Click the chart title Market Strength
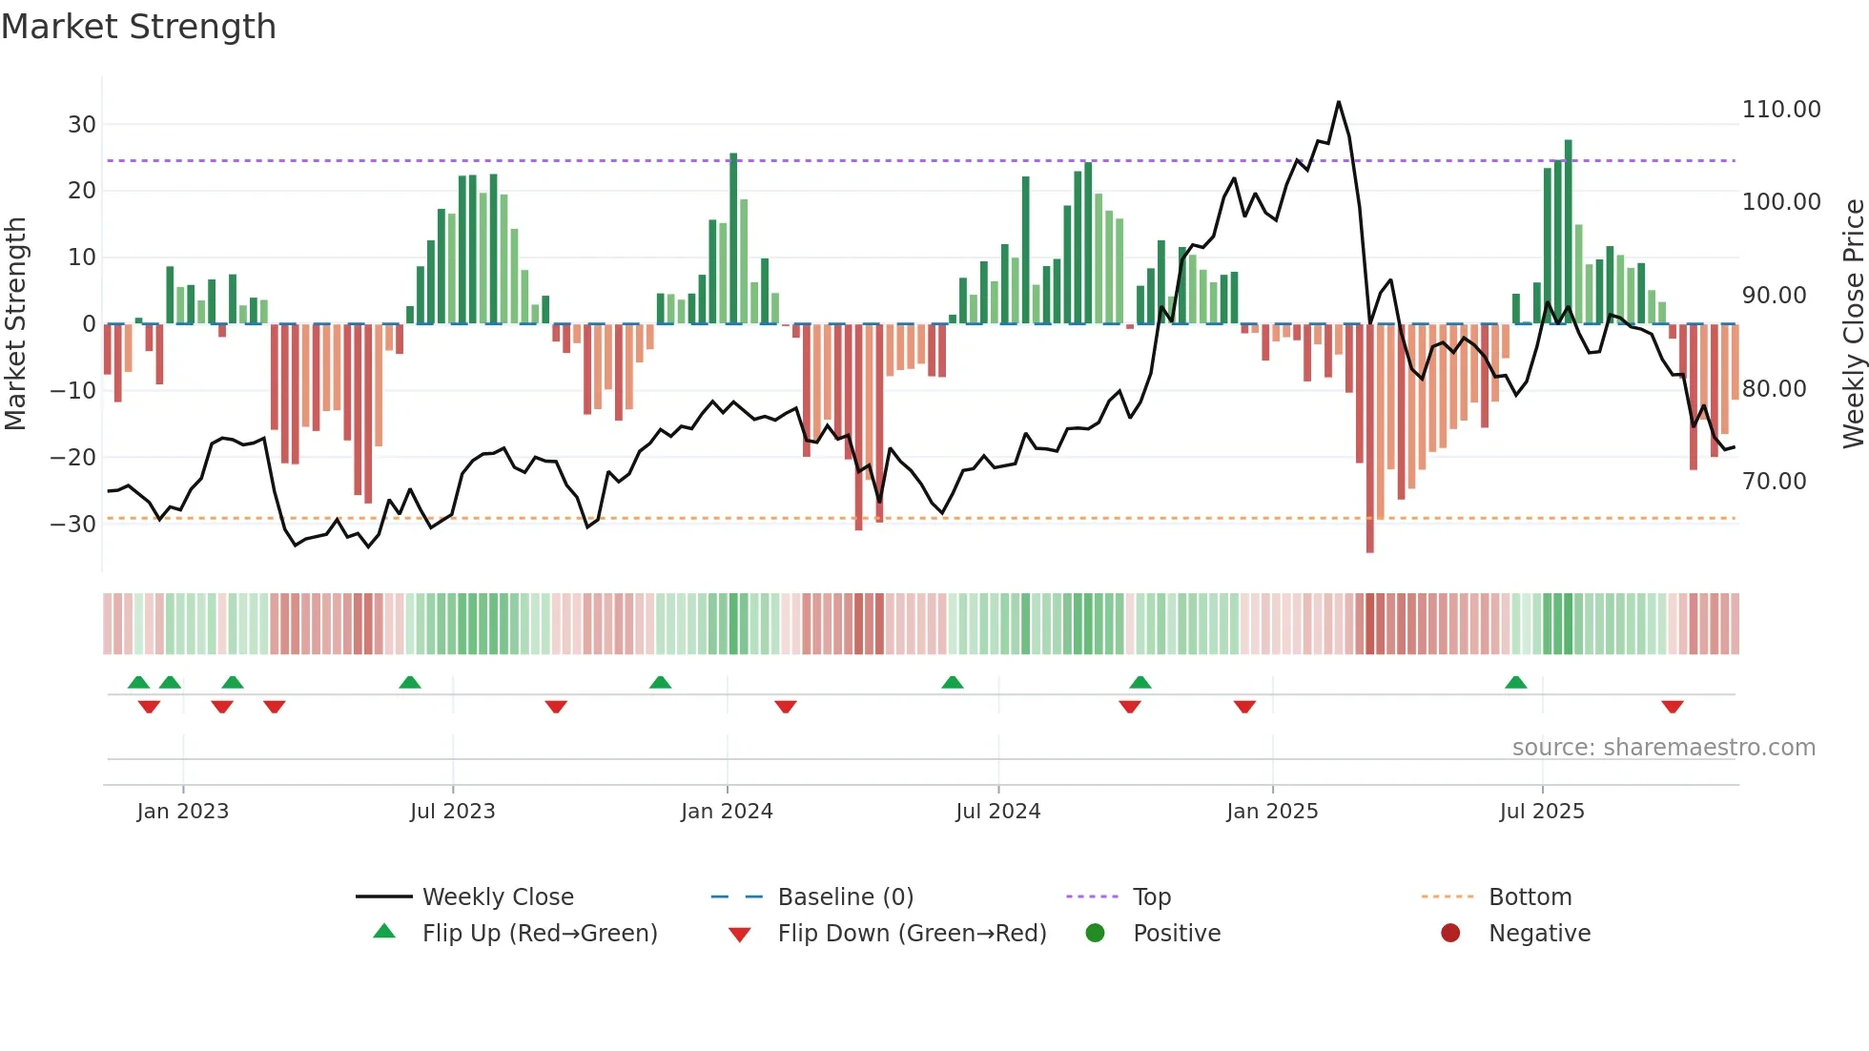(x=138, y=27)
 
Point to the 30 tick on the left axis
(x=82, y=125)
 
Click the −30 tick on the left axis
(x=73, y=525)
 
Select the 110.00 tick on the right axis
(x=1780, y=110)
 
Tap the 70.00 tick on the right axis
(x=1774, y=482)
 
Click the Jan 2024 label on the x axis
(x=727, y=812)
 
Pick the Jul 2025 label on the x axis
(x=1541, y=812)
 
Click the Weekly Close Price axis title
(x=1853, y=324)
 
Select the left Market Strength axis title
(x=15, y=324)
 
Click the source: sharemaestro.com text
(x=1663, y=748)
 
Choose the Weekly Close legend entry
(x=498, y=897)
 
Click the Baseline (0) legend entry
(x=845, y=897)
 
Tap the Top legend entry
(x=1151, y=897)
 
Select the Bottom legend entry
(x=1530, y=897)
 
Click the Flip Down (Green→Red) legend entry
(x=912, y=934)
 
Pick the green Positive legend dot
(x=1095, y=934)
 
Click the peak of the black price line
(x=1339, y=102)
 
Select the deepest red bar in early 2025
(x=1370, y=439)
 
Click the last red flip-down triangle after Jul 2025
(x=1672, y=707)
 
